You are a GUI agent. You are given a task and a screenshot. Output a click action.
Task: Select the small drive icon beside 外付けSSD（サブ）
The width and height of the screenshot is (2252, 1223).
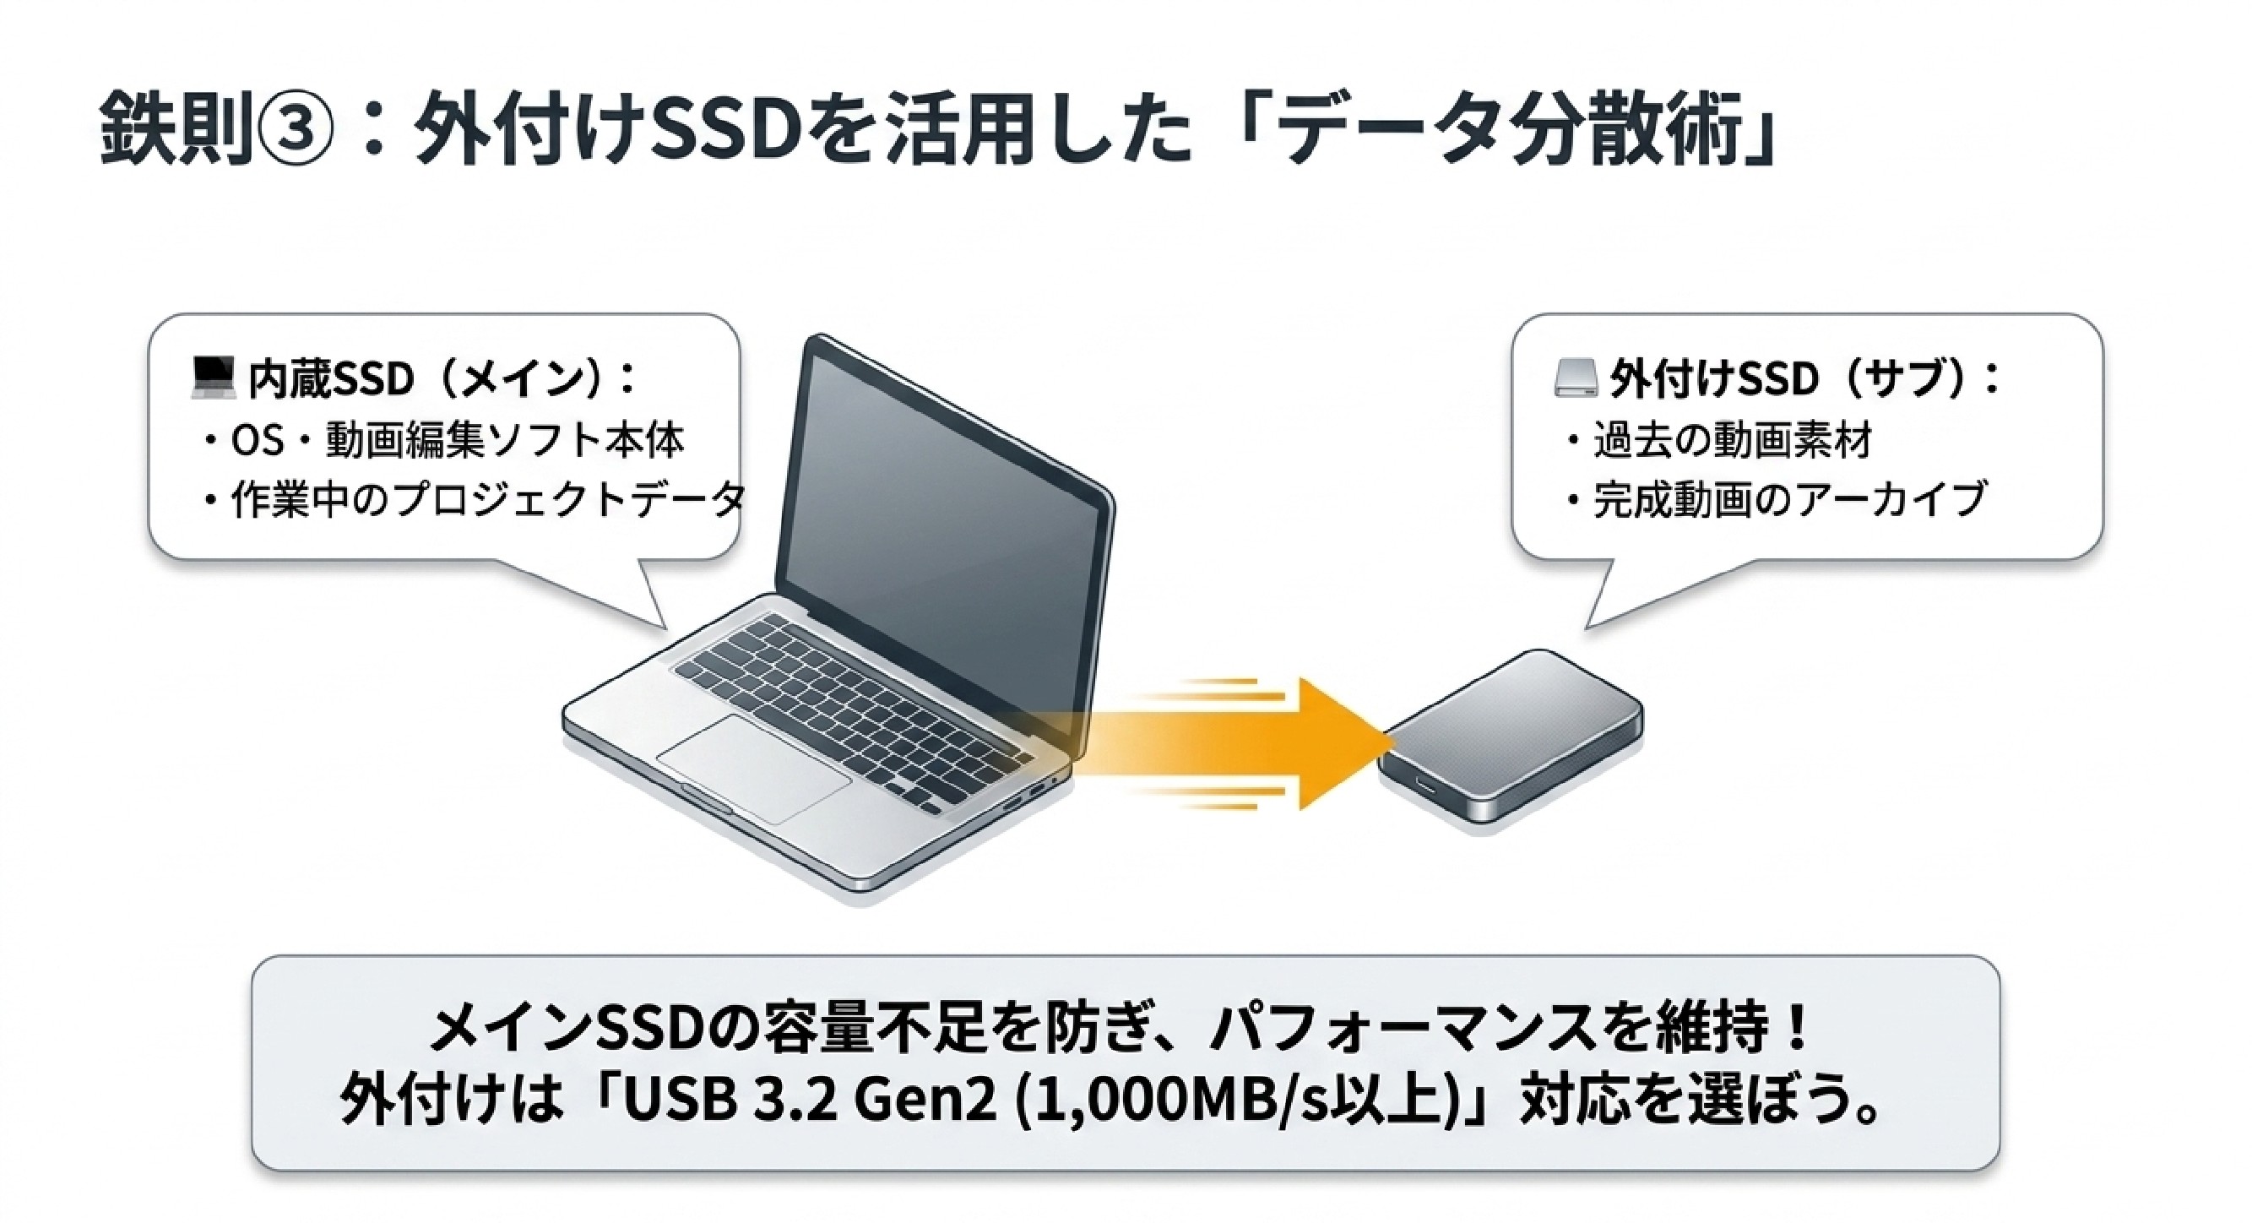point(1576,379)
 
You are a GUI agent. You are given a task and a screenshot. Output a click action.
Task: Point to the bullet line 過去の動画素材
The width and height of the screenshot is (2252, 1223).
point(1718,440)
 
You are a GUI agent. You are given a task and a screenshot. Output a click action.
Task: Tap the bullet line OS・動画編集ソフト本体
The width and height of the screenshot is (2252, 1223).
point(444,440)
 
